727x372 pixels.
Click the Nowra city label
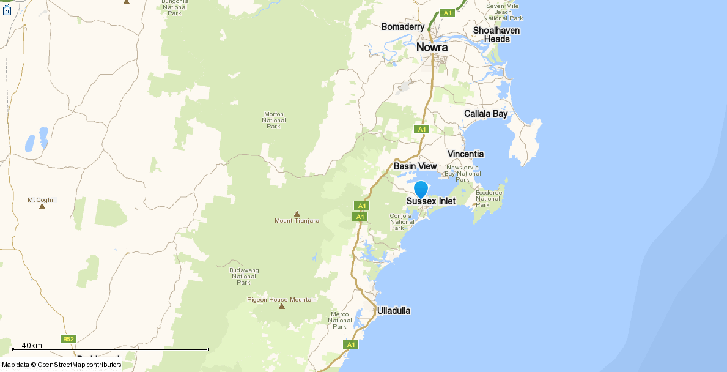pyautogui.click(x=432, y=48)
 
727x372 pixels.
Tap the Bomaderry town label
pyautogui.click(x=402, y=27)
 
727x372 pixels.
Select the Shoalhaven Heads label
pyautogui.click(x=496, y=35)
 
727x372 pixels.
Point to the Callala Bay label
pyautogui.click(x=485, y=114)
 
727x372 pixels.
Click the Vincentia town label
pyautogui.click(x=465, y=154)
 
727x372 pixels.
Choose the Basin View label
pyautogui.click(x=415, y=166)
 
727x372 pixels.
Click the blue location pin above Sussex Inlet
pyautogui.click(x=421, y=189)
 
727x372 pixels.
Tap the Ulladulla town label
pyautogui.click(x=394, y=311)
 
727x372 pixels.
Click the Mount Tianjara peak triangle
pyautogui.click(x=297, y=214)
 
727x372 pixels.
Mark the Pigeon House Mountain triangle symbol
pyautogui.click(x=282, y=306)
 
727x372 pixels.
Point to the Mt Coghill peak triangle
pyautogui.click(x=42, y=206)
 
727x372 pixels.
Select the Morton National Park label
pyautogui.click(x=273, y=120)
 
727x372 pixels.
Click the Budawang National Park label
pyautogui.click(x=244, y=276)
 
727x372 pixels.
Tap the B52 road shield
pyautogui.click(x=68, y=339)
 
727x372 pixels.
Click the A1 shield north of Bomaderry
pyautogui.click(x=448, y=13)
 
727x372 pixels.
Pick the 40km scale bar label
pyautogui.click(x=32, y=346)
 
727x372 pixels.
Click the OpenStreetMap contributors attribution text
pyautogui.click(x=79, y=365)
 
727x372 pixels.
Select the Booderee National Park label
pyautogui.click(x=488, y=198)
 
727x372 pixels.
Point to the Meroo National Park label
pyautogui.click(x=340, y=320)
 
